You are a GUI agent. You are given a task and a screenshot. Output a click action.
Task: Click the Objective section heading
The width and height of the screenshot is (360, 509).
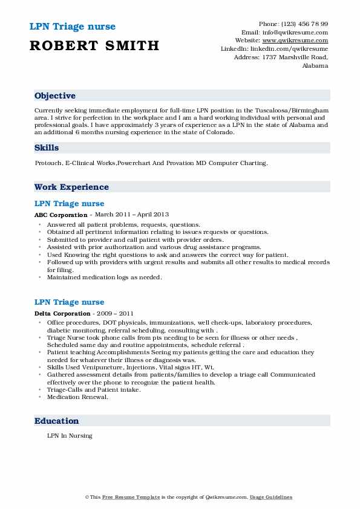tap(55, 96)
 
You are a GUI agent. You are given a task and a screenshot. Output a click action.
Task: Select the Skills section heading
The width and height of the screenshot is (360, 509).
tap(47, 148)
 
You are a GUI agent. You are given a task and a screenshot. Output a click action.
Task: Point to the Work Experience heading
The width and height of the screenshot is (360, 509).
tap(71, 187)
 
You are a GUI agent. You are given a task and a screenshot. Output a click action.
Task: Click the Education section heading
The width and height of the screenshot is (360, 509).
tap(57, 421)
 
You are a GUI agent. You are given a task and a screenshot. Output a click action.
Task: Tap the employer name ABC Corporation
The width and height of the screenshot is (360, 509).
tap(61, 215)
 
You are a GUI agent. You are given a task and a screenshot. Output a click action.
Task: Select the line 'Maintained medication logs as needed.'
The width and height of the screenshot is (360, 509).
tap(104, 277)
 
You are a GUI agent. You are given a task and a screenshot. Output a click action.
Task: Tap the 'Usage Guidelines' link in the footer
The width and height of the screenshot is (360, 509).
tap(271, 497)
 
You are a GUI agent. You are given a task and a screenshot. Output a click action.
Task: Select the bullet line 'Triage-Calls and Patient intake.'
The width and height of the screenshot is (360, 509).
tap(94, 391)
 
